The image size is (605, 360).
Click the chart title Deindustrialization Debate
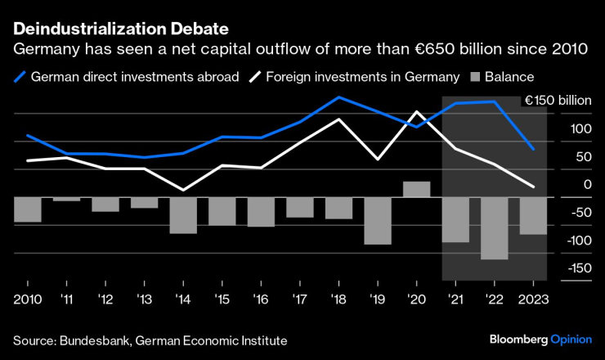120,29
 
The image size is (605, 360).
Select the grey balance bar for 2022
495,228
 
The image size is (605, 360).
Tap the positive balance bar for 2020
417,189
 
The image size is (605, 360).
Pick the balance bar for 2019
378,221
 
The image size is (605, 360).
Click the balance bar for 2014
183,215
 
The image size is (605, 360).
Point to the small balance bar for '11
66,199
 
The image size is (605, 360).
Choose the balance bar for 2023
534,216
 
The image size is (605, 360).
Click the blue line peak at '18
339,97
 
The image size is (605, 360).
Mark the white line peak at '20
417,112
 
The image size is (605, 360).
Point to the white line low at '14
183,190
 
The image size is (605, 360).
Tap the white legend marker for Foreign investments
255,78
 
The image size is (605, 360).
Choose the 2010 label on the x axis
28,299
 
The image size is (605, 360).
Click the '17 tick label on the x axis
300,299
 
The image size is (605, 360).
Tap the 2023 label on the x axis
534,299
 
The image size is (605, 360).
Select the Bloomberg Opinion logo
540,339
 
